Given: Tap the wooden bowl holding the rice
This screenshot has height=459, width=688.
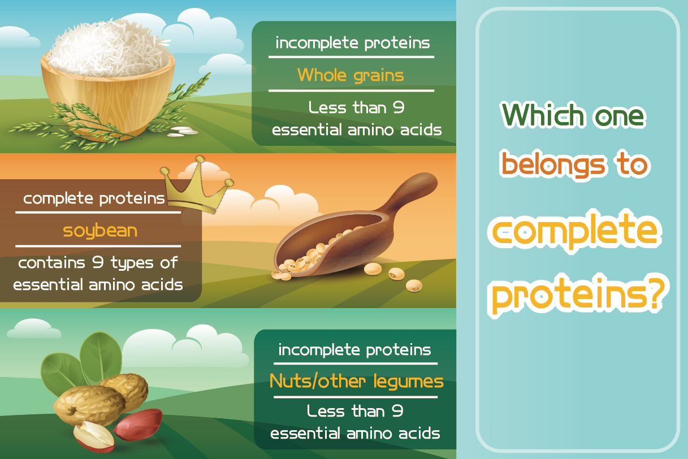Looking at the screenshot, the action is (x=107, y=98).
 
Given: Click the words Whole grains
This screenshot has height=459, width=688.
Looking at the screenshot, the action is (x=351, y=76).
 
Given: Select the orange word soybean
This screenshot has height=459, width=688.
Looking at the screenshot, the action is (x=100, y=231).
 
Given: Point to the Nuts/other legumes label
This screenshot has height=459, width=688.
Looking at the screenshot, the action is (x=356, y=382).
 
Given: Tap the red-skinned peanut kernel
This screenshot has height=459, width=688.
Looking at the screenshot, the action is (x=137, y=425).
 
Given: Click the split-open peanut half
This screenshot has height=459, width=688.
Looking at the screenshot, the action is (x=94, y=436).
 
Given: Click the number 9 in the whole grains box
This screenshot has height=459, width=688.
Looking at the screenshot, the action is (x=399, y=107).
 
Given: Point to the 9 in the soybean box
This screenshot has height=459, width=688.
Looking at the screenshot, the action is (x=98, y=262).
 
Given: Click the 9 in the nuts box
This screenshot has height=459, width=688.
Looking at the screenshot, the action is (x=397, y=411).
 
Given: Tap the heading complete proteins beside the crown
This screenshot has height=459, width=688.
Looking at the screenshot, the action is (x=94, y=198).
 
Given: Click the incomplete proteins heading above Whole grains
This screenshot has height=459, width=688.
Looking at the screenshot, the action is (x=353, y=43).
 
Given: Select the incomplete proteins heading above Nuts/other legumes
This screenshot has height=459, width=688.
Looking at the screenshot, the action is (x=355, y=350).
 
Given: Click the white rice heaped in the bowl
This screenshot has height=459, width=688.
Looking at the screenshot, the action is (x=107, y=49).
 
